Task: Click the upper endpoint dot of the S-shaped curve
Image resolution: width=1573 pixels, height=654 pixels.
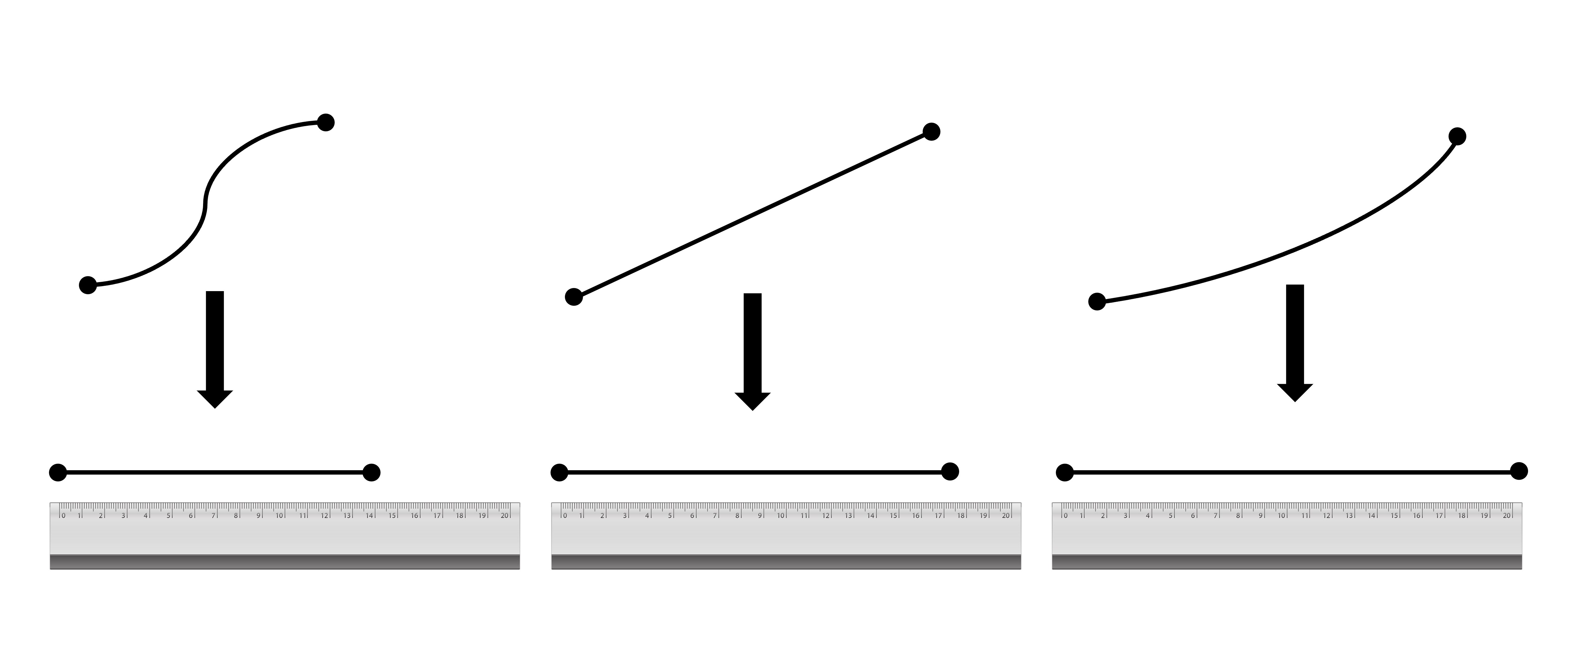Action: tap(326, 122)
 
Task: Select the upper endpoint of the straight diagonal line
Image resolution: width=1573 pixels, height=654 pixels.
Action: tap(931, 131)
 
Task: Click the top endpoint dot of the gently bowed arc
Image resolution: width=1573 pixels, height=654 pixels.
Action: tap(1457, 136)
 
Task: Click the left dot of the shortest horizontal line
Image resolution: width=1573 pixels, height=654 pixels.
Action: tap(58, 473)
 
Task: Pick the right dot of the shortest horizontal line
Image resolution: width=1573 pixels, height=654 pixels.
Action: tap(371, 473)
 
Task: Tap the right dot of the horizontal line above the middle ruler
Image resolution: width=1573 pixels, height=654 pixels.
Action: tap(949, 471)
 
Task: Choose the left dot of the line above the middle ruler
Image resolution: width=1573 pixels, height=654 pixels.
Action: tap(559, 473)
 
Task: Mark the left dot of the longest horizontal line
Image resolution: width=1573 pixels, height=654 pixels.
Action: tap(1064, 473)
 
